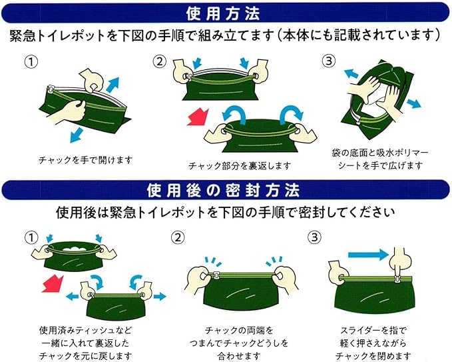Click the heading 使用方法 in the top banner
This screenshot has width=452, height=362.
226,11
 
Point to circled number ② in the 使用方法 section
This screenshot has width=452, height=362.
160,63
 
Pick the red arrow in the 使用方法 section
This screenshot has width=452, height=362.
198,121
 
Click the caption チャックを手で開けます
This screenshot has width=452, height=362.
85,160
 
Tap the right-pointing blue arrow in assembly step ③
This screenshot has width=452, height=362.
413,103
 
